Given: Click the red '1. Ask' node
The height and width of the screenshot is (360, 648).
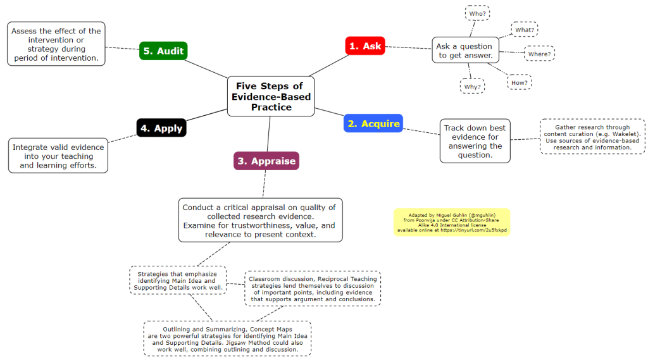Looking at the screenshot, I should coord(365,46).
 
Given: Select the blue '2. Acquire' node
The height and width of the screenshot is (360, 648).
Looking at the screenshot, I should coord(373,123).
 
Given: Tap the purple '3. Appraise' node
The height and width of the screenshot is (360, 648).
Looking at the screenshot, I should coord(266,161).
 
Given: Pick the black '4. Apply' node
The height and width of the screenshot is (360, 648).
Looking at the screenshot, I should coord(161,128).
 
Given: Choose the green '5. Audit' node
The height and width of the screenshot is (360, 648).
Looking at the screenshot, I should coord(163,51).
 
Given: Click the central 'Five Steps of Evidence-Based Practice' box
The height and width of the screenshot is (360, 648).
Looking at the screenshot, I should coord(270,96).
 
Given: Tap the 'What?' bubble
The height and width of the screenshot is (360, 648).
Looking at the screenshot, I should coord(525,30).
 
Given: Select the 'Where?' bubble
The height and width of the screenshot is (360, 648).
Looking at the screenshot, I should coord(539,54).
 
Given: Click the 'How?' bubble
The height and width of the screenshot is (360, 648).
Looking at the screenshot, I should coord(519,82).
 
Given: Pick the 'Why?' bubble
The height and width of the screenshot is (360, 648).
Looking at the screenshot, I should coord(472,86).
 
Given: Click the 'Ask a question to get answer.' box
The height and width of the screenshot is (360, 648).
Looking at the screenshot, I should coord(464,51).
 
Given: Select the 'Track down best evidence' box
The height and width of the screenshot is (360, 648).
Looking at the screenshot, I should coord(475,141).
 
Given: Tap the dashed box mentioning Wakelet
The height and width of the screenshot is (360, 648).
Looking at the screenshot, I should coord(592,137).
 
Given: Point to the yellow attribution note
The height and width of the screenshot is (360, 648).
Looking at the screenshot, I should coord(451,223).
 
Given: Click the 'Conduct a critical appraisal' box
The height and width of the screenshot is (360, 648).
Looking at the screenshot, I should coord(260,220).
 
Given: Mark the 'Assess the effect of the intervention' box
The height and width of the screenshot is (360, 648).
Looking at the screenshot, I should coord(56,44).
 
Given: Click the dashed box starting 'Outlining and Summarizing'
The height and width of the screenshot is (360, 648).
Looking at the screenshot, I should coord(227,338).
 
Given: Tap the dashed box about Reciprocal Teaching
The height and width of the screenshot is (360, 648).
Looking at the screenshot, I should coord(313,289).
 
